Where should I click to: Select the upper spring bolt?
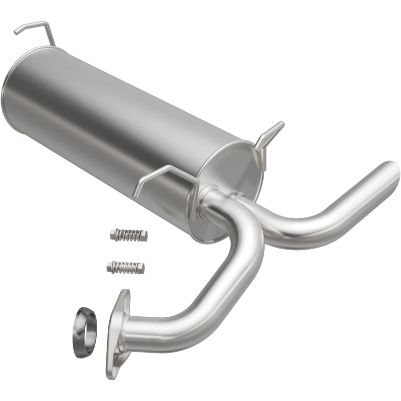128,235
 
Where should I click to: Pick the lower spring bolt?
125,267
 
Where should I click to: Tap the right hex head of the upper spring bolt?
143,236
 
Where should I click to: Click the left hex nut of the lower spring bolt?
111,266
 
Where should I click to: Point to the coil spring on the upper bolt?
127,235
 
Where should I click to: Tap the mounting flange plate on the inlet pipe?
117,333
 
